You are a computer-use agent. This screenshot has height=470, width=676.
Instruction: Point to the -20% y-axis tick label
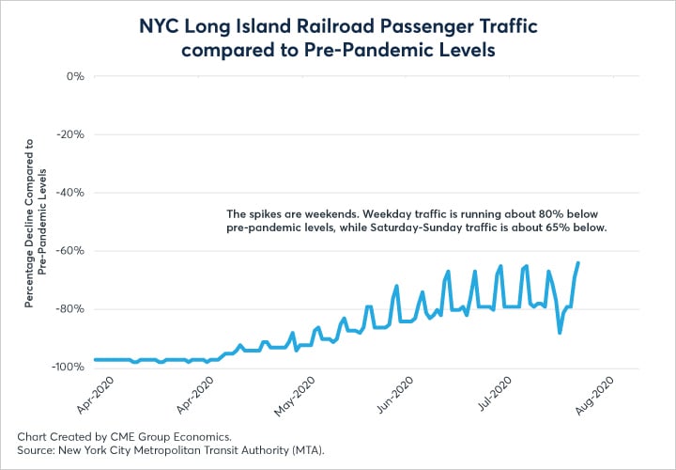pyautogui.click(x=70, y=134)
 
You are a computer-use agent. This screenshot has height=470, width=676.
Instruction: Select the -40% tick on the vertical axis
pyautogui.click(x=70, y=193)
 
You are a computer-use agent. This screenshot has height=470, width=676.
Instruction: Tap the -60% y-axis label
pyautogui.click(x=70, y=251)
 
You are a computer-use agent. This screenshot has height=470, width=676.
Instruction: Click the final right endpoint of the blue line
pyautogui.click(x=577, y=263)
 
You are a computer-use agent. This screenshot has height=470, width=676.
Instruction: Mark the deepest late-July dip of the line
pyautogui.click(x=560, y=332)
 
